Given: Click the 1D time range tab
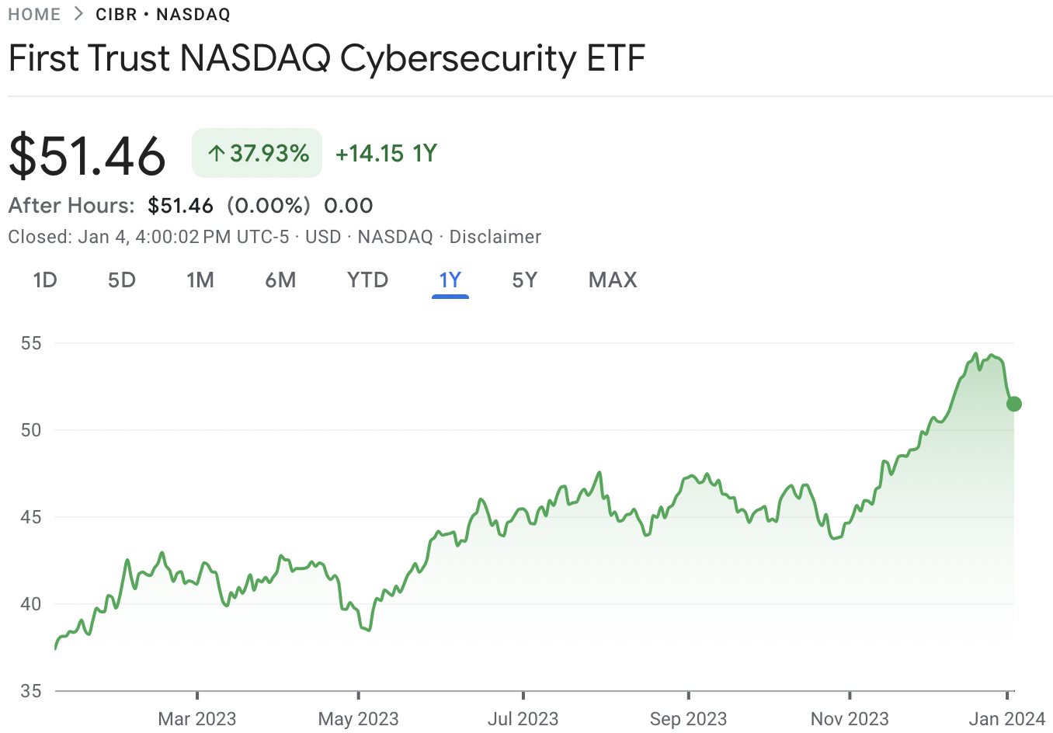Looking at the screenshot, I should [x=45, y=280].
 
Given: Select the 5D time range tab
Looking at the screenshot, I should [x=122, y=280].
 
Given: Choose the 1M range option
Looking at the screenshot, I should [x=200, y=280].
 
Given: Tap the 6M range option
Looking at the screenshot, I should [x=280, y=280].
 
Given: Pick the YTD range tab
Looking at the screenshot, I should [x=367, y=280].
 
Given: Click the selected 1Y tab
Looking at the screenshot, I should [x=450, y=280].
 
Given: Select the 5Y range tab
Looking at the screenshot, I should [x=525, y=280].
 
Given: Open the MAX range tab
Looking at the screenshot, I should [x=613, y=280].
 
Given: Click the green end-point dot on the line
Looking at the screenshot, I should [x=1013, y=404].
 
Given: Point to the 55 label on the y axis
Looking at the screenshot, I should [x=31, y=343].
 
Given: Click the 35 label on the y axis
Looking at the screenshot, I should [x=31, y=690].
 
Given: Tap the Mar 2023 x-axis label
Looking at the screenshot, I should [x=197, y=719].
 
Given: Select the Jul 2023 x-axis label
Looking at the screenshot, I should [x=523, y=719].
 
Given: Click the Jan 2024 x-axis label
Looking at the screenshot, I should [x=1007, y=719].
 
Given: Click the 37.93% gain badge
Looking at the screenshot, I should [x=257, y=153].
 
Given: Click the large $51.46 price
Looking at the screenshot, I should [x=87, y=155].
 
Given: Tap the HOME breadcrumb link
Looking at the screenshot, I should [x=34, y=15].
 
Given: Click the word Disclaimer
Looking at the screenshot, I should [x=495, y=237].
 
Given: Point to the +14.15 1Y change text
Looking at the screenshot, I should [x=386, y=154].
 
